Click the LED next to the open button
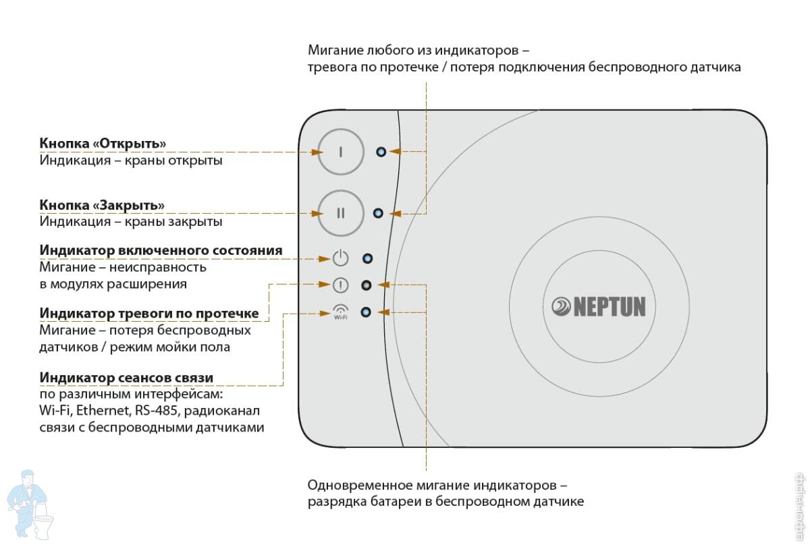(381, 152)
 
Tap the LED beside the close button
(378, 213)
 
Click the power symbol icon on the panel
(340, 258)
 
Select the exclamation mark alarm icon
(340, 285)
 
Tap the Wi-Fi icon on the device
(341, 312)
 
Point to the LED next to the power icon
(367, 259)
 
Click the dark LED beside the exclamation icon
(367, 285)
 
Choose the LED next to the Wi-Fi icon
(366, 312)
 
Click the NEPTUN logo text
(610, 307)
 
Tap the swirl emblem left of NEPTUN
(561, 307)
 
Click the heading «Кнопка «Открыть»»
(103, 144)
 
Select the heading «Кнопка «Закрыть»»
(102, 205)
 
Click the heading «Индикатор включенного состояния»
(161, 250)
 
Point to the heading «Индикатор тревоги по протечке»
(149, 313)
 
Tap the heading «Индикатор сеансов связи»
(126, 378)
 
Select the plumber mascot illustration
(30, 505)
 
